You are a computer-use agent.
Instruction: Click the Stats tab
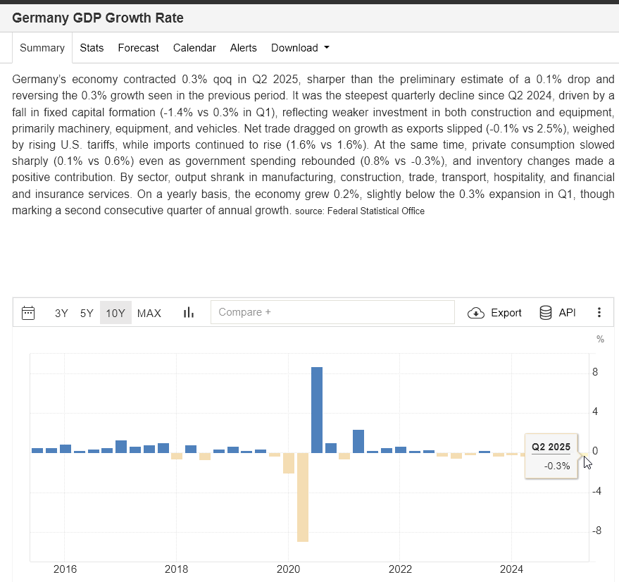pyautogui.click(x=92, y=48)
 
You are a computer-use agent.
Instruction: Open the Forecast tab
pyautogui.click(x=138, y=48)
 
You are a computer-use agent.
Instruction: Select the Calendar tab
pyautogui.click(x=194, y=48)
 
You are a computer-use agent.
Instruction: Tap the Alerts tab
pyautogui.click(x=243, y=48)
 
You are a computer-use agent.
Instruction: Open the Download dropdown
pyautogui.click(x=300, y=48)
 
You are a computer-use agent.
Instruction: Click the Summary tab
pyautogui.click(x=42, y=48)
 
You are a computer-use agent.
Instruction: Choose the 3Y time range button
pyautogui.click(x=61, y=313)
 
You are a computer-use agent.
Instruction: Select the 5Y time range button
pyautogui.click(x=87, y=313)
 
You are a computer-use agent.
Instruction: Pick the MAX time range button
pyautogui.click(x=149, y=313)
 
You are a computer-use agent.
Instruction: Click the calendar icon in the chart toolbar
pyautogui.click(x=28, y=313)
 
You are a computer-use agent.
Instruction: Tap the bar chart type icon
pyautogui.click(x=189, y=313)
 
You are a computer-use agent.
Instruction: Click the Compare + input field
pyautogui.click(x=332, y=312)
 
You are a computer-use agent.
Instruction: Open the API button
pyautogui.click(x=557, y=313)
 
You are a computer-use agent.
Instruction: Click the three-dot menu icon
pyautogui.click(x=599, y=313)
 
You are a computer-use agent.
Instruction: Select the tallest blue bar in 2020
pyautogui.click(x=317, y=410)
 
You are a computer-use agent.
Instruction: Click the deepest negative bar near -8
pyautogui.click(x=303, y=497)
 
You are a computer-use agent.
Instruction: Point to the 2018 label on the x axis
pyautogui.click(x=176, y=569)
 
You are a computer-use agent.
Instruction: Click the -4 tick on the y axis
pyautogui.click(x=595, y=491)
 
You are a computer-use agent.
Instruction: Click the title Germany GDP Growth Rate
pyautogui.click(x=98, y=18)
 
